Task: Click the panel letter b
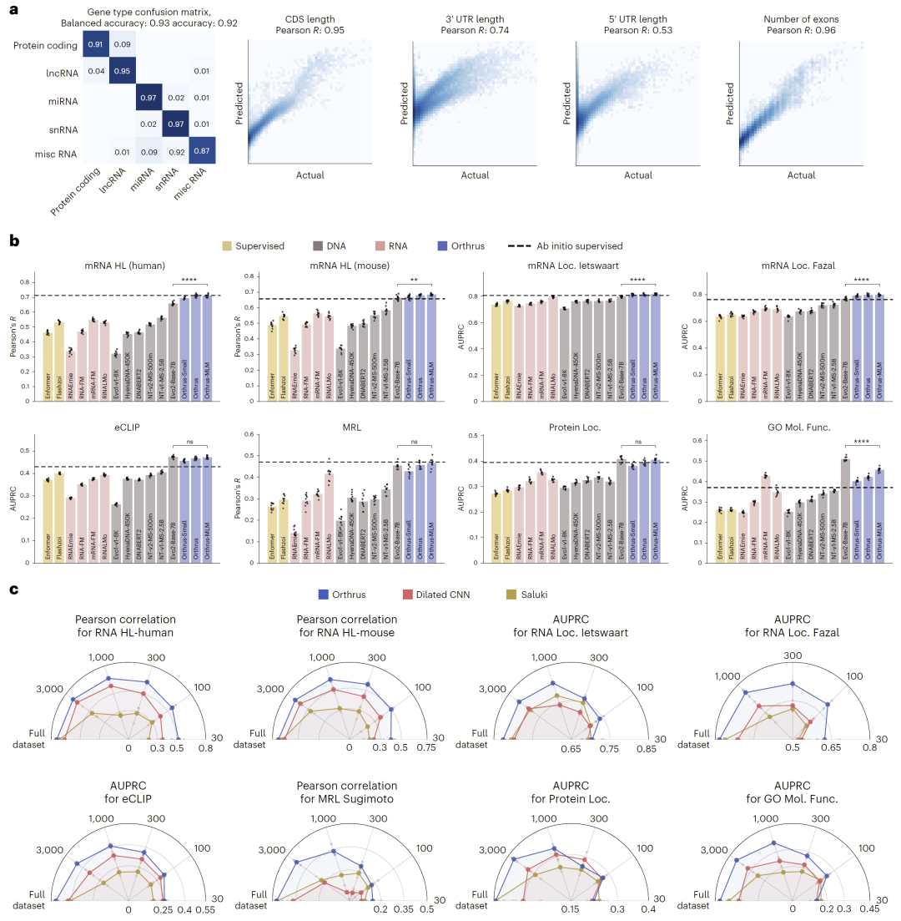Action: tap(14, 240)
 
